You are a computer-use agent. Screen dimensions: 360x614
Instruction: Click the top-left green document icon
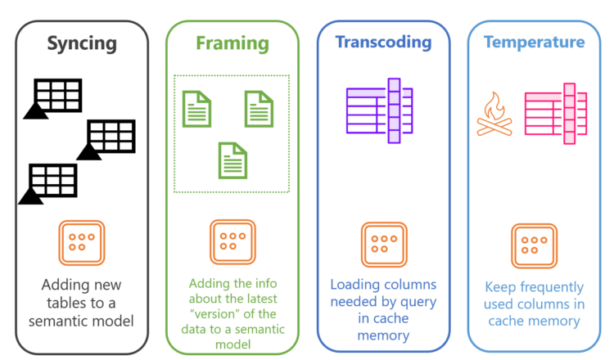(x=196, y=109)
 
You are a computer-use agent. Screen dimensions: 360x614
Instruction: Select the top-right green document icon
(x=259, y=109)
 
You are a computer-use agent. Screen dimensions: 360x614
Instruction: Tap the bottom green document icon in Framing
(x=232, y=160)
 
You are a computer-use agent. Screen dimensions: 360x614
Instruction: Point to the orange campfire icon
(x=494, y=115)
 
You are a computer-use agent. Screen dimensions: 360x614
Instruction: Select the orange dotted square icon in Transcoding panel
(x=383, y=245)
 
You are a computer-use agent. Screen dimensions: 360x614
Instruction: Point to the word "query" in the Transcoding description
(x=416, y=302)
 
